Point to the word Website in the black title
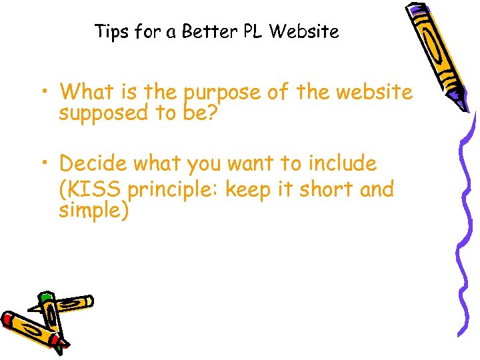pos(305,31)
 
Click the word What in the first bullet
pos(85,91)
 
